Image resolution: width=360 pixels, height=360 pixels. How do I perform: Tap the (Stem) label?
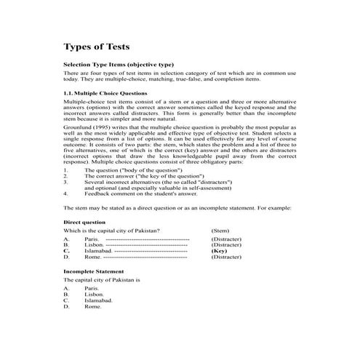coord(221,231)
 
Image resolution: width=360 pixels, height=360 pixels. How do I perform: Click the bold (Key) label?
coord(219,251)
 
